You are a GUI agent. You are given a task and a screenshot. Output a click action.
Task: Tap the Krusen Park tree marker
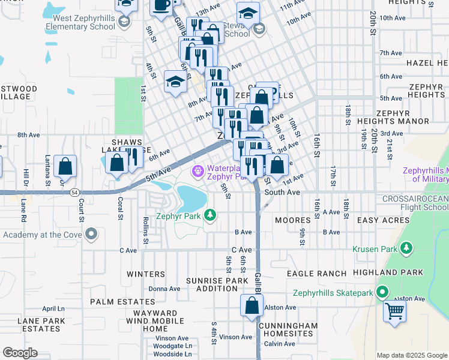pos(407,247)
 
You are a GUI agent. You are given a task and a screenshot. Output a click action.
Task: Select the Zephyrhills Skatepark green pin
pos(381,293)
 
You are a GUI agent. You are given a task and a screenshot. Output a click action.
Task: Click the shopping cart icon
pos(394,311)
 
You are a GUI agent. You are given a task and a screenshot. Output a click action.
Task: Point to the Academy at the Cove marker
pos(91,233)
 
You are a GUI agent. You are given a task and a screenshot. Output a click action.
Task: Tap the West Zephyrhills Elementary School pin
pos(124,22)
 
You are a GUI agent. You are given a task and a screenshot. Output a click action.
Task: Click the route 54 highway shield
pos(73,191)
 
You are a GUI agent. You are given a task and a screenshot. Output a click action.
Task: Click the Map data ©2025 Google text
pos(412,355)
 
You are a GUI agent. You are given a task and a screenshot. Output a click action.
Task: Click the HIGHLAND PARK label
pos(397,272)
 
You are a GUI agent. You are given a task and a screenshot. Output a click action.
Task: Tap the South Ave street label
pos(282,193)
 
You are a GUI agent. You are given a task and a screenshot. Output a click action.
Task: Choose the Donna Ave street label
pos(164,289)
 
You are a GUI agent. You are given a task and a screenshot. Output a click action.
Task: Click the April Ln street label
pos(53,308)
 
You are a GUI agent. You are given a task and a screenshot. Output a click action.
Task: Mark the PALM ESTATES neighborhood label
pos(116,301)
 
